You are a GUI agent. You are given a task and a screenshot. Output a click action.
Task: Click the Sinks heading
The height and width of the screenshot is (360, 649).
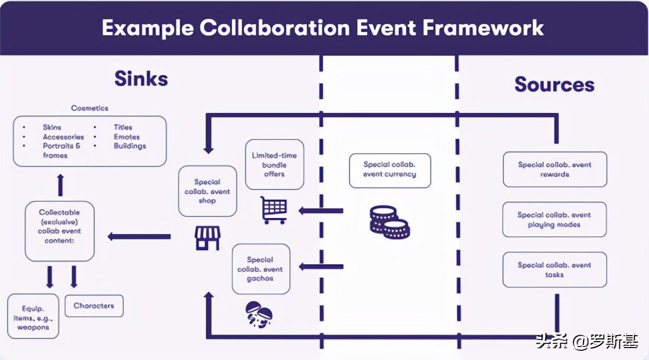(141, 79)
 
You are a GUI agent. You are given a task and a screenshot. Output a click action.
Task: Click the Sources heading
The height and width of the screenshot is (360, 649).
(554, 85)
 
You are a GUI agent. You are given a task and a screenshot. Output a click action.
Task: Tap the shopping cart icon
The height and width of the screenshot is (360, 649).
(274, 209)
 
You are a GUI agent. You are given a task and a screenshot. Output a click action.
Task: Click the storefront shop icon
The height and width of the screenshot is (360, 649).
(208, 238)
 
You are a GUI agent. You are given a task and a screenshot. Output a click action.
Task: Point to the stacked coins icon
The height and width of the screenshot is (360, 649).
(389, 222)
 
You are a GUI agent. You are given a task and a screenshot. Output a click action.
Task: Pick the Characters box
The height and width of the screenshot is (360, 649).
(94, 306)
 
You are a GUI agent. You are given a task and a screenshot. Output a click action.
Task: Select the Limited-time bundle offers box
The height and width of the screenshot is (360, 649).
(275, 165)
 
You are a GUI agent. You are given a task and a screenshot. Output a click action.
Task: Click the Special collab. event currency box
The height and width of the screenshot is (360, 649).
(390, 170)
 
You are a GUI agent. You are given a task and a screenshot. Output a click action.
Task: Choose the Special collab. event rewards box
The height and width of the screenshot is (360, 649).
(554, 170)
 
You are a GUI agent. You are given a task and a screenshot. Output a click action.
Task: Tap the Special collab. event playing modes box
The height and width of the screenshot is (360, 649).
(554, 219)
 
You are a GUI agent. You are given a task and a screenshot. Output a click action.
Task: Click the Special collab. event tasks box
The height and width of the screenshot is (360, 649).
(554, 270)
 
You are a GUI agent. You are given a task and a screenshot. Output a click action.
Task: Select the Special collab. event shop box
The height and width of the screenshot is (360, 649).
(208, 191)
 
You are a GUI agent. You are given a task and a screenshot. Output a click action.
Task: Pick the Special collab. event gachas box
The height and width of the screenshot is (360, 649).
(260, 269)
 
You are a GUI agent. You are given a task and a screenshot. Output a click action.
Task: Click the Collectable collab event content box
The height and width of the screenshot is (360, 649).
(59, 231)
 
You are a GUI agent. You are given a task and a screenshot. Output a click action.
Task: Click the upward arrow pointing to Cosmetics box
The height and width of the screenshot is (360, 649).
(60, 184)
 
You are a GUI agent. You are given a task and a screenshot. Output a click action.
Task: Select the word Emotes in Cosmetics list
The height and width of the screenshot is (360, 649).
(126, 137)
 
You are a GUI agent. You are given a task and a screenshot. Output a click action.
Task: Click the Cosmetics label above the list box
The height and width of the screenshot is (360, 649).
(90, 108)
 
